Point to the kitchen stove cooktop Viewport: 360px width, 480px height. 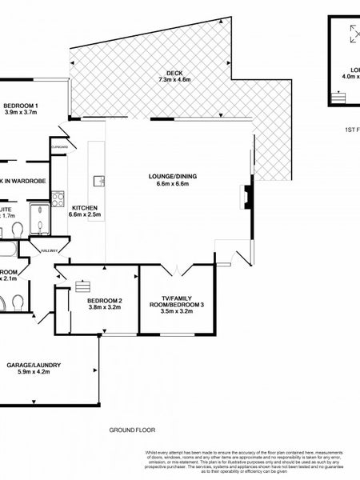(x=58, y=199)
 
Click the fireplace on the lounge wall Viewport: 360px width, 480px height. (x=248, y=195)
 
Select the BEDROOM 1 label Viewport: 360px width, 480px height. (x=22, y=106)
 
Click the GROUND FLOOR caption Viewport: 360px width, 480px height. (x=131, y=430)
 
